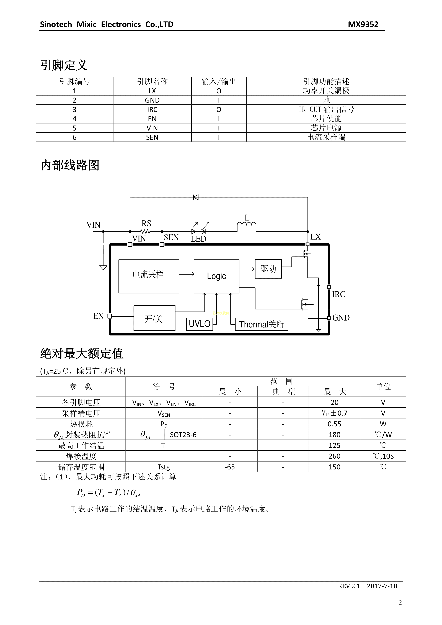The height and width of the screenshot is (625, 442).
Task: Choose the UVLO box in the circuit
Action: (x=200, y=324)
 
